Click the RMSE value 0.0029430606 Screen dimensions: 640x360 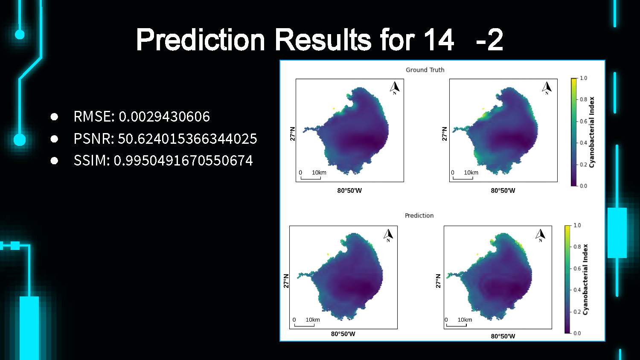(164, 116)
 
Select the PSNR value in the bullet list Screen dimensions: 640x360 (187, 139)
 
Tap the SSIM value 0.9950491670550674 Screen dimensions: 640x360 (183, 160)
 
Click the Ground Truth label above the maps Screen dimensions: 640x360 (425, 70)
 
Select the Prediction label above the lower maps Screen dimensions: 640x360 (419, 215)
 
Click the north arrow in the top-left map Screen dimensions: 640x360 (395, 88)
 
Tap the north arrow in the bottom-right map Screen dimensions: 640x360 (540, 235)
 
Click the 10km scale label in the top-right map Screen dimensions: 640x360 (471, 173)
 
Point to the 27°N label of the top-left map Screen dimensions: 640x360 (293, 134)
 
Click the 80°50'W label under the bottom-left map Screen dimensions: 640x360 (343, 334)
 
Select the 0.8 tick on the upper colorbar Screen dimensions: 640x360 (583, 99)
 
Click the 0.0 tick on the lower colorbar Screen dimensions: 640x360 (577, 333)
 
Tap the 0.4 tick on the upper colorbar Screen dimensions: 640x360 (583, 143)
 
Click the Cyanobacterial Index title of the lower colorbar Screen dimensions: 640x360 (585, 279)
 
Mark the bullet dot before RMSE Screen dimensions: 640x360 (54, 116)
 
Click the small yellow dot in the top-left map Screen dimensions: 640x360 (333, 109)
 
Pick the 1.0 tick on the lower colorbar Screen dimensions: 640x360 (577, 225)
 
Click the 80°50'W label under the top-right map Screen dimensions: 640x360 (503, 191)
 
